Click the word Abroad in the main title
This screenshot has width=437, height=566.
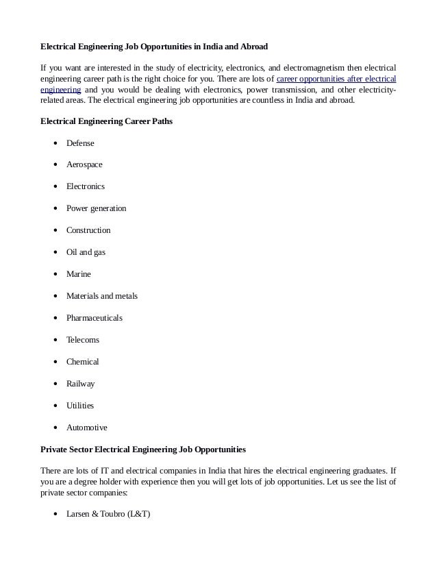tap(251, 47)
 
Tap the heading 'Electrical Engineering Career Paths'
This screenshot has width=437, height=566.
tap(106, 121)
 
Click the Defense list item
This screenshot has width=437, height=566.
tap(80, 143)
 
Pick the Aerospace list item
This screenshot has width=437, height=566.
tap(84, 165)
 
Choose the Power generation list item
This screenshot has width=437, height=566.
tap(96, 208)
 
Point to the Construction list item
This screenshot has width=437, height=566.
tap(88, 230)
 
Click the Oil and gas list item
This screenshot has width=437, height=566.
tap(86, 252)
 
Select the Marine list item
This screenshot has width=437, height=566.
tap(78, 274)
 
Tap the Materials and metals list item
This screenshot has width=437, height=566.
tap(101, 296)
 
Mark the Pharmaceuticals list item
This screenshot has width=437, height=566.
tap(95, 318)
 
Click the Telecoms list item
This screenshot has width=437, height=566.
tap(82, 340)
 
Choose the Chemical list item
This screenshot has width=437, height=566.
tap(82, 362)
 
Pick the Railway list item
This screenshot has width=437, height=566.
tap(80, 384)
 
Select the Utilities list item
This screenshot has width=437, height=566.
tap(79, 406)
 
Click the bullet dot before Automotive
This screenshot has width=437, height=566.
tap(54, 428)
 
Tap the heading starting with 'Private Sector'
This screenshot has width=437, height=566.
tap(143, 450)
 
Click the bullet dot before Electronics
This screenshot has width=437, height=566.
tap(54, 186)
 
